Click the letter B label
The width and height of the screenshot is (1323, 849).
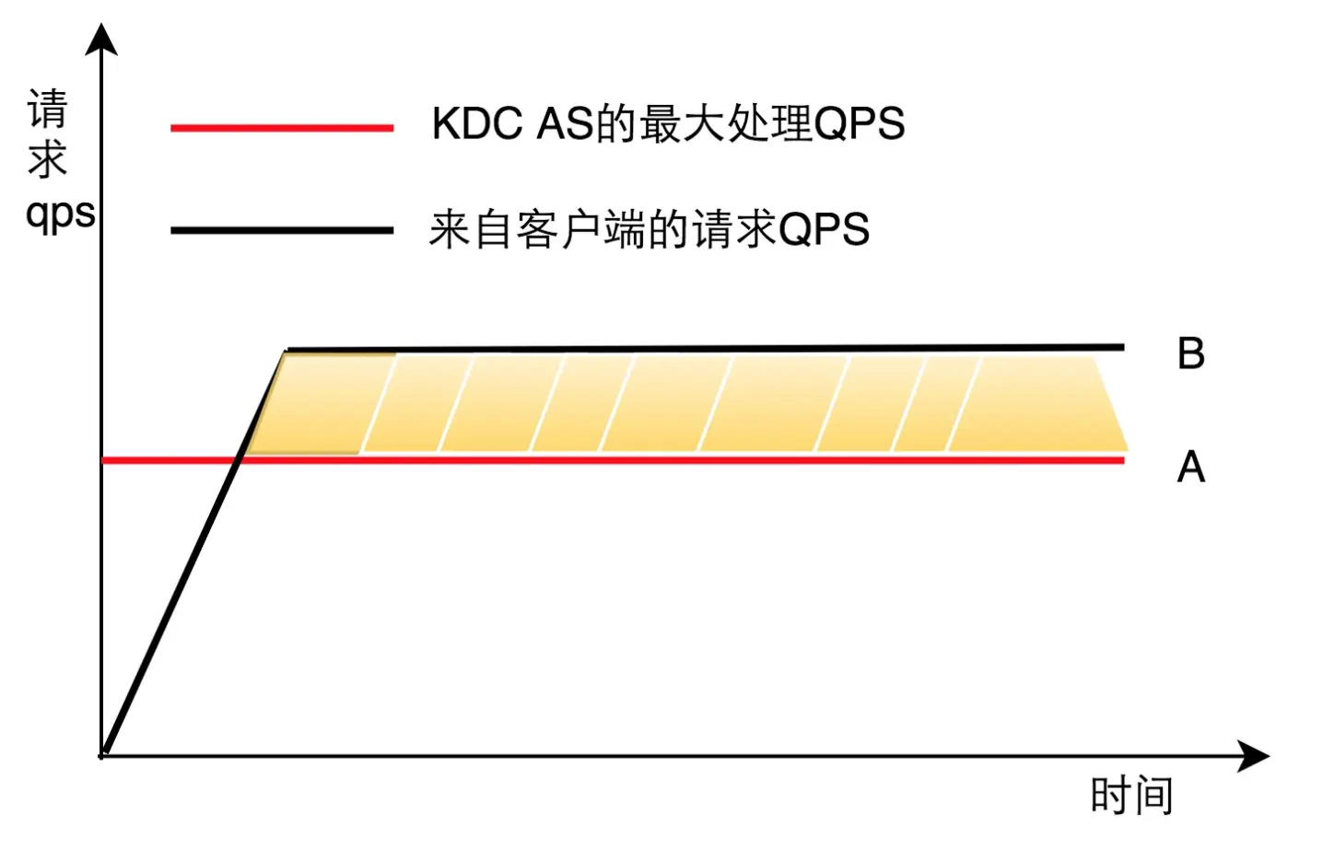pyautogui.click(x=1190, y=354)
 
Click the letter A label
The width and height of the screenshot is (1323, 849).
pyautogui.click(x=1190, y=467)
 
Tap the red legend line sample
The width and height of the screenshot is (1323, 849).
pyautogui.click(x=282, y=128)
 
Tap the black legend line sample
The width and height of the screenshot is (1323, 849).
pyautogui.click(x=282, y=230)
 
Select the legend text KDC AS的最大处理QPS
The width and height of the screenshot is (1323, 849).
pyautogui.click(x=668, y=124)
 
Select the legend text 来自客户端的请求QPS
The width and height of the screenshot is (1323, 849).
pyautogui.click(x=650, y=229)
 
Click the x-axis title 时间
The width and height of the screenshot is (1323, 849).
pyautogui.click(x=1131, y=796)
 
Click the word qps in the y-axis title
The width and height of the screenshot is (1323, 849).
pyautogui.click(x=60, y=215)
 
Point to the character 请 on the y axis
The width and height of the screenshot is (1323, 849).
pyautogui.click(x=48, y=110)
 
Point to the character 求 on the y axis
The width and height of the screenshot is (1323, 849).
pyautogui.click(x=48, y=160)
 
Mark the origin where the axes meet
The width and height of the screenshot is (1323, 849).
pyautogui.click(x=102, y=756)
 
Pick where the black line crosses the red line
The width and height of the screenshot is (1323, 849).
pyautogui.click(x=238, y=459)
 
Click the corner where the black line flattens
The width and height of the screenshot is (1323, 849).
pyautogui.click(x=287, y=351)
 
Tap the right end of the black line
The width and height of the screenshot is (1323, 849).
pyautogui.click(x=1121, y=347)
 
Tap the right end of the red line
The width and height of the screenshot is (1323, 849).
pyautogui.click(x=1121, y=459)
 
